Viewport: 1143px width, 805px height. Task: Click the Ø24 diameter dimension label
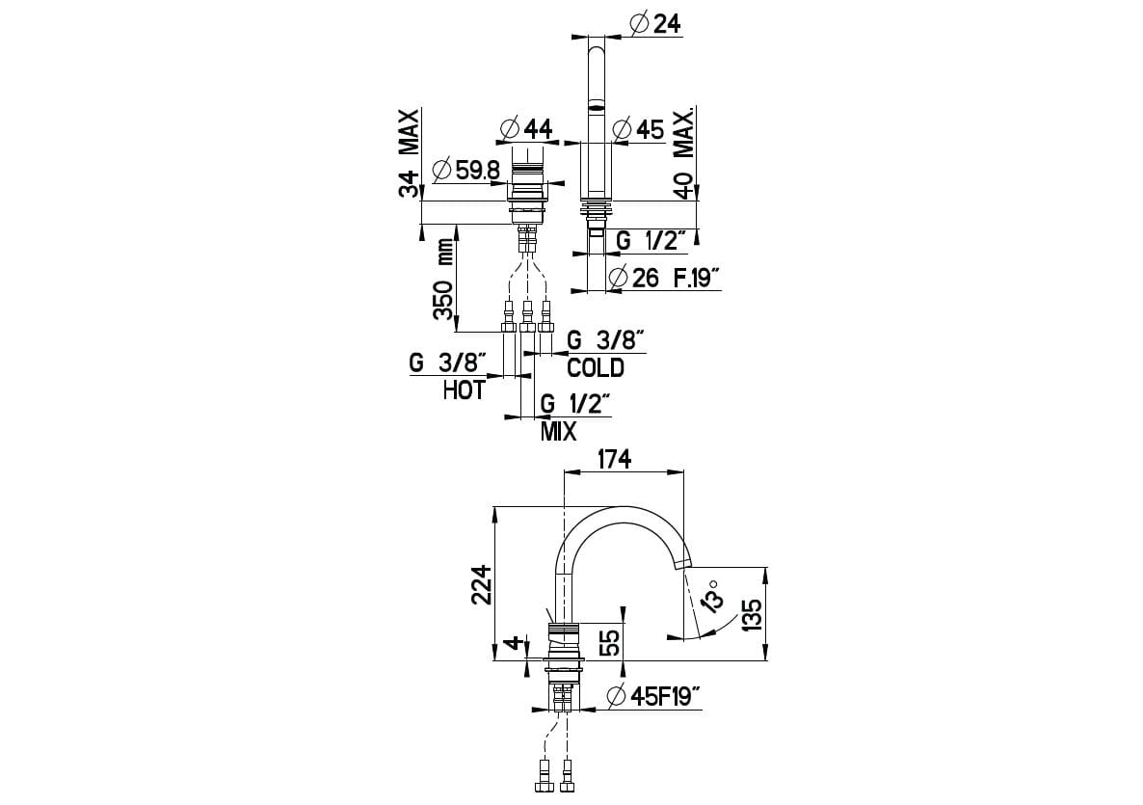[655, 23]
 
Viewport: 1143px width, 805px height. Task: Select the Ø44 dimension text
[527, 127]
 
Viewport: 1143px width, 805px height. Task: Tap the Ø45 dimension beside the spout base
[638, 128]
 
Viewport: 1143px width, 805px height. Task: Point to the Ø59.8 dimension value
[467, 170]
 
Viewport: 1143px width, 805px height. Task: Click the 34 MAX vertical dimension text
[411, 154]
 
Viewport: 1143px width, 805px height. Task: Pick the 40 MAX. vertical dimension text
[685, 154]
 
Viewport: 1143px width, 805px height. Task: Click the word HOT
[464, 390]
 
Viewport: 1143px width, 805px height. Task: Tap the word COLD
[595, 367]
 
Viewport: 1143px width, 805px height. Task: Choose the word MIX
[558, 431]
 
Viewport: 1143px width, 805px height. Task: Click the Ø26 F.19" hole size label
[665, 278]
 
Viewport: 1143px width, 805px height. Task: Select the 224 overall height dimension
[482, 584]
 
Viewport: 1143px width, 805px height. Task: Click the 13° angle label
[713, 596]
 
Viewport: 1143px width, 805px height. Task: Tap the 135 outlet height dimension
[753, 613]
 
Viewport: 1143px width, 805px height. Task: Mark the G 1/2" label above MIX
[575, 404]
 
